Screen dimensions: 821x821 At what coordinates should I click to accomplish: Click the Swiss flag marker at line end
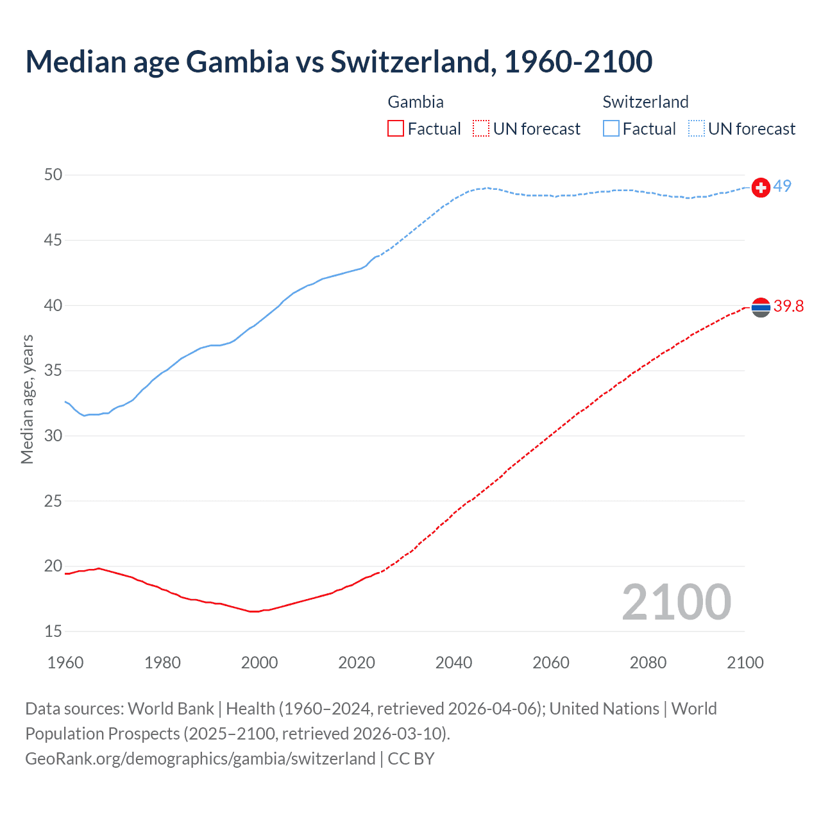[x=761, y=187]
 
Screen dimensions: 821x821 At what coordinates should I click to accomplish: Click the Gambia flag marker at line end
[x=761, y=308]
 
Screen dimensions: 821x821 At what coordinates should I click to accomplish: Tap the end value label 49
[x=782, y=186]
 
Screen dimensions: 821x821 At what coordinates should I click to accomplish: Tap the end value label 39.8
[x=788, y=306]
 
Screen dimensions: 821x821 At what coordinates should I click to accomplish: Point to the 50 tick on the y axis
[x=54, y=175]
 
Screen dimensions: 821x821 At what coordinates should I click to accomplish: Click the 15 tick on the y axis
[x=54, y=631]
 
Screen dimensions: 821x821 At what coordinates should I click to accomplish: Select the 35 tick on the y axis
[x=54, y=371]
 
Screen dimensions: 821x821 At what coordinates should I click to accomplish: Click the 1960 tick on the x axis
[x=65, y=663]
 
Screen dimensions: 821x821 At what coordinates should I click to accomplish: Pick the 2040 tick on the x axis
[x=453, y=663]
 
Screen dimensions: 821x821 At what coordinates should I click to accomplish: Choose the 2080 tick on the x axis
[x=648, y=663]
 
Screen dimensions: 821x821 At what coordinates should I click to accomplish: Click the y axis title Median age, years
[x=27, y=399]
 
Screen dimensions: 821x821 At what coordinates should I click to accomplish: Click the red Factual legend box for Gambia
[x=396, y=129]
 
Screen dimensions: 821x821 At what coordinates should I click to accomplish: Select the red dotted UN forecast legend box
[x=481, y=129]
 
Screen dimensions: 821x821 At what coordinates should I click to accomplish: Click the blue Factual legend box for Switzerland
[x=611, y=129]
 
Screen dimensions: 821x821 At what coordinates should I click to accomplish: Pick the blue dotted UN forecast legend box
[x=697, y=129]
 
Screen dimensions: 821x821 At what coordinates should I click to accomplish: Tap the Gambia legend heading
[x=416, y=102]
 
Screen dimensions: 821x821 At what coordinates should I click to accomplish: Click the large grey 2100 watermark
[x=676, y=602]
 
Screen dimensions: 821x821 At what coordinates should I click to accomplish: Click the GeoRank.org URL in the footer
[x=200, y=758]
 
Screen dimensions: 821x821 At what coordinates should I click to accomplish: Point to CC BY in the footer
[x=411, y=758]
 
